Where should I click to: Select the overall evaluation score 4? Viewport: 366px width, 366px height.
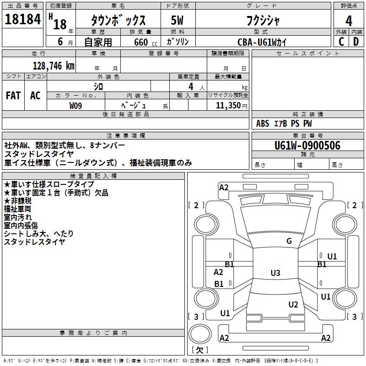click(349, 21)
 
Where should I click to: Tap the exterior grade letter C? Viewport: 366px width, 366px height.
click(341, 42)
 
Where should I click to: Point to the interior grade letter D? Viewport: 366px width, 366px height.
click(356, 42)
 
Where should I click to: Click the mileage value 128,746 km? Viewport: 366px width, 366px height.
click(54, 66)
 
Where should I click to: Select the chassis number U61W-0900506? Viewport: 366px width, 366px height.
click(307, 145)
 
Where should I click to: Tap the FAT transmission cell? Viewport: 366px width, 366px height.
click(13, 96)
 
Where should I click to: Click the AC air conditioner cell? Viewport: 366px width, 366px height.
click(35, 96)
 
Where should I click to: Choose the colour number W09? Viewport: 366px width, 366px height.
click(76, 106)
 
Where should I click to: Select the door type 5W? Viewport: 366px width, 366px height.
click(178, 21)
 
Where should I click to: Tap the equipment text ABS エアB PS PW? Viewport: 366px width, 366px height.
click(284, 124)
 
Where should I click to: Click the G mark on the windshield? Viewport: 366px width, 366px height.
click(289, 241)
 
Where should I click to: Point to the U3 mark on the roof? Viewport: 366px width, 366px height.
click(275, 273)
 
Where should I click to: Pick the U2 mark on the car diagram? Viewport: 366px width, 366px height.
click(293, 305)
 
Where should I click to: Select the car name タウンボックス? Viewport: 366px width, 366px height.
click(118, 21)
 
